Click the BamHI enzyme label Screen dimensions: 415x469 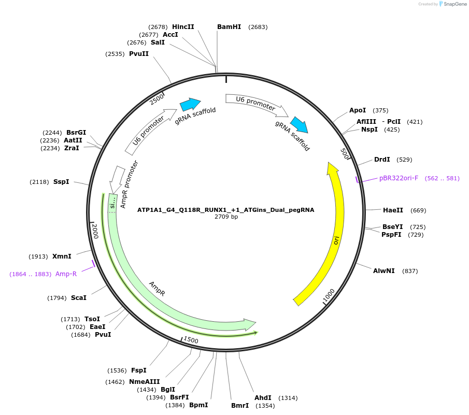[x=229, y=27]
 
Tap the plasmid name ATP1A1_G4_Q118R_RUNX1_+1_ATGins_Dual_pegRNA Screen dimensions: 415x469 [x=225, y=210]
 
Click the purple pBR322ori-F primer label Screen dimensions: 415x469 [x=399, y=178]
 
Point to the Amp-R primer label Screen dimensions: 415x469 [x=66, y=274]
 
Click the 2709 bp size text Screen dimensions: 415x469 [x=226, y=217]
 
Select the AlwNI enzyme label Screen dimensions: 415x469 [x=384, y=271]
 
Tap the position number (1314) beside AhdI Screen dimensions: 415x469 [x=288, y=398]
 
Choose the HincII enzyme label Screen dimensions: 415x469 [x=183, y=27]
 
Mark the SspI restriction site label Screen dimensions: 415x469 [x=61, y=182]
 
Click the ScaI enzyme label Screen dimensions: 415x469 [x=79, y=298]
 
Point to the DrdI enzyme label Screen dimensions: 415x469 [x=382, y=160]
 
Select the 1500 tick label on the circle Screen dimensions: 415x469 [x=191, y=340]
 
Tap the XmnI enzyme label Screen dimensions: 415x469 [x=62, y=256]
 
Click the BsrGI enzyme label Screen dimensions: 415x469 [x=76, y=132]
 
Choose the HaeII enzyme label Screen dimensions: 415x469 [x=393, y=210]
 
